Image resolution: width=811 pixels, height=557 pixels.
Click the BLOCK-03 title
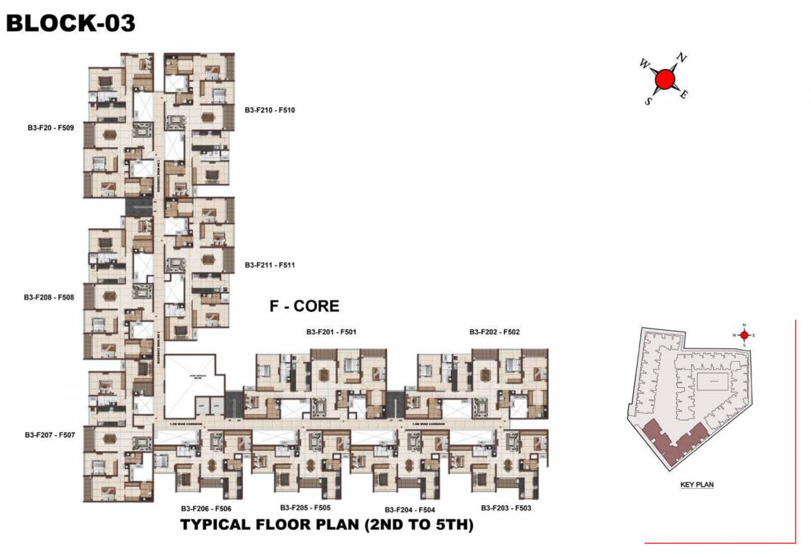(x=70, y=23)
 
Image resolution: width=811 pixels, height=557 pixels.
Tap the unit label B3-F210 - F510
(x=270, y=110)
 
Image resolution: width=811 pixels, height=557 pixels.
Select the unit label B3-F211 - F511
(x=270, y=265)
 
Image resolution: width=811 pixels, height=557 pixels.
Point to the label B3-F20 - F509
(x=51, y=128)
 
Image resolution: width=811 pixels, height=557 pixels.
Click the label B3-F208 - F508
(x=49, y=297)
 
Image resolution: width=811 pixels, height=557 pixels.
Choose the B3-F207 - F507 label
(x=50, y=435)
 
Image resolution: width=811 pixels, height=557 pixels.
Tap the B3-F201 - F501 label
(x=331, y=332)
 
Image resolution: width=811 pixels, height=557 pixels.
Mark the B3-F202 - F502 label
(x=494, y=332)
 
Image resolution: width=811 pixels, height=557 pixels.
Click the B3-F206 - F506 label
(x=206, y=509)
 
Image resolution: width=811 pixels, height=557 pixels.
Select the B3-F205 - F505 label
(x=305, y=508)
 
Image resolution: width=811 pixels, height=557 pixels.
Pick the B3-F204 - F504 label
(x=410, y=510)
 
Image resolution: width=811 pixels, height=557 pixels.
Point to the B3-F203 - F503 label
(x=506, y=508)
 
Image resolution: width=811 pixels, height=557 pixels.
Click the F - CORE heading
(x=304, y=306)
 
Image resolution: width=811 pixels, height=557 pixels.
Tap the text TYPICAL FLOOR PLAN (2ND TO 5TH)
(x=326, y=525)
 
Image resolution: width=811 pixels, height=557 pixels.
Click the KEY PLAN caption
(x=697, y=484)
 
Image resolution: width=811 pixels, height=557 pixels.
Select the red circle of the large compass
(x=665, y=78)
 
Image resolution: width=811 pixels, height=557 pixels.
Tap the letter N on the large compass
(x=681, y=57)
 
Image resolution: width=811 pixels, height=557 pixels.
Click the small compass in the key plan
(x=744, y=335)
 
